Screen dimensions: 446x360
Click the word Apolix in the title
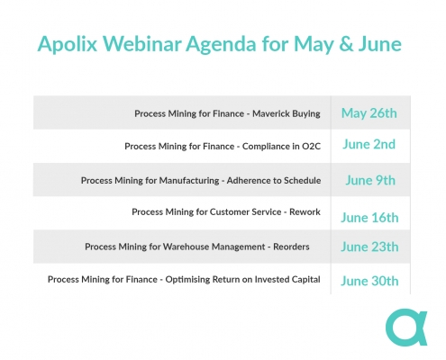[x=68, y=44]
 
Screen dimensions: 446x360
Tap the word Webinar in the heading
[x=142, y=44]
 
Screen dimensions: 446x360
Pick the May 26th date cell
[x=369, y=113]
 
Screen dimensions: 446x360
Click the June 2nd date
[x=369, y=144]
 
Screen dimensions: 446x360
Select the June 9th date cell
[x=370, y=180]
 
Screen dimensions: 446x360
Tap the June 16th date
[x=369, y=218]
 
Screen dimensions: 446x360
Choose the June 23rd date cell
[x=369, y=247]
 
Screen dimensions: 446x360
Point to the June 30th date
[x=369, y=281]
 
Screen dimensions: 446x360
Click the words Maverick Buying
[x=287, y=114]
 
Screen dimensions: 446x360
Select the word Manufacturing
[x=189, y=181]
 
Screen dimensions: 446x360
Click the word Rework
[x=305, y=212]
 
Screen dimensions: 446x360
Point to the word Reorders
[x=291, y=247]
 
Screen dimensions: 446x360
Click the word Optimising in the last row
[x=187, y=280]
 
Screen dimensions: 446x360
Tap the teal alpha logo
[x=406, y=328]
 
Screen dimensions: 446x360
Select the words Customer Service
[x=245, y=212]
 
